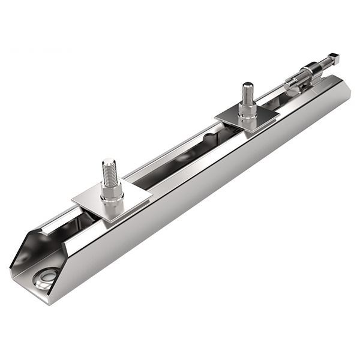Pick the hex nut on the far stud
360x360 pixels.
(248, 110)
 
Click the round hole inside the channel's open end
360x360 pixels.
(46, 277)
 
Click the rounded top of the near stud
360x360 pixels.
(108, 161)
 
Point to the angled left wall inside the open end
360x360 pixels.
(22, 252)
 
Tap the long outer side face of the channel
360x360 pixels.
(210, 186)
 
